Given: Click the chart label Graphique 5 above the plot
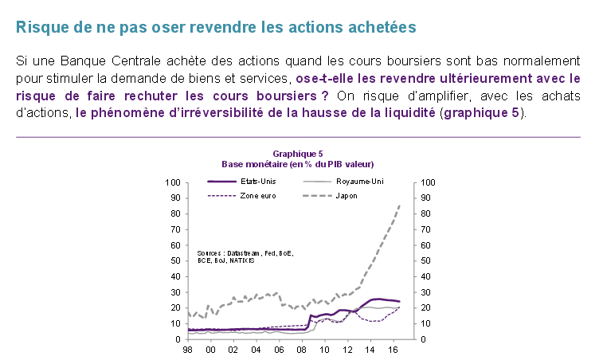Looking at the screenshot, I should click(298, 153).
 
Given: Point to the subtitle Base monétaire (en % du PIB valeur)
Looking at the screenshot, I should click(298, 162).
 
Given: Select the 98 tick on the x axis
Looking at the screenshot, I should click(188, 350).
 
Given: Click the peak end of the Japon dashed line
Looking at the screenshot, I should click(399, 205).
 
